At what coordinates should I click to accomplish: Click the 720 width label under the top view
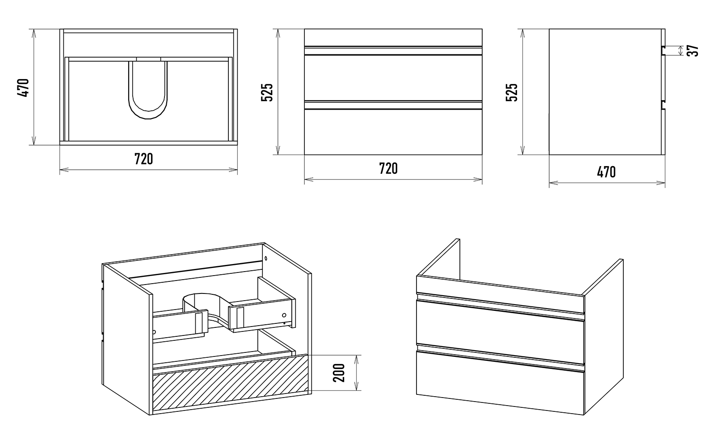pos(144,159)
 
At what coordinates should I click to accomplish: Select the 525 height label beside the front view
pos(267,92)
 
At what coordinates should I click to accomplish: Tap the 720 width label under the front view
pos(388,168)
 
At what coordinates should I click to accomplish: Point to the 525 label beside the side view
pos(512,92)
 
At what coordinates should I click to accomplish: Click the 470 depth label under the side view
pos(606,172)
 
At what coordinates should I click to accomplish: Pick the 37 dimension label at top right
pos(693,50)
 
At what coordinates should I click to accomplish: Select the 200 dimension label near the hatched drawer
pos(340,373)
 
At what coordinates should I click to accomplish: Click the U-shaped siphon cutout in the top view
pos(148,92)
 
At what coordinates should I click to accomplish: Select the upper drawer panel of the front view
pos(393,78)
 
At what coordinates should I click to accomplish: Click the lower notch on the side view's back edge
pos(663,105)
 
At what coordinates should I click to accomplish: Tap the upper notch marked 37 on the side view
pos(663,50)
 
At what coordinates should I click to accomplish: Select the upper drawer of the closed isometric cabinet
pos(500,328)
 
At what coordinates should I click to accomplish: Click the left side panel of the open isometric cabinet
pos(127,339)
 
